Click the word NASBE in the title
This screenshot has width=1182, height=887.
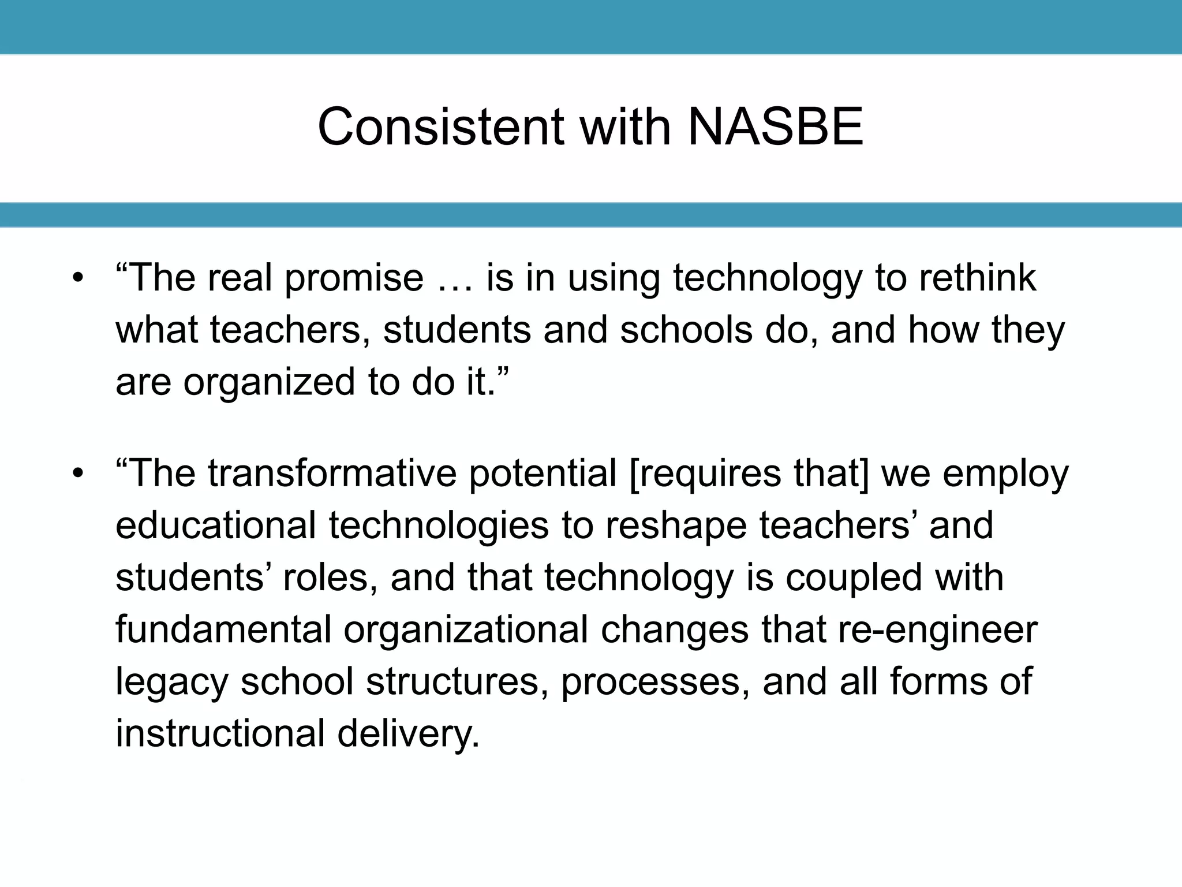[x=775, y=127]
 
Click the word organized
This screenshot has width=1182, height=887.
[x=269, y=382]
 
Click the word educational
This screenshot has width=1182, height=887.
[x=216, y=526]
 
